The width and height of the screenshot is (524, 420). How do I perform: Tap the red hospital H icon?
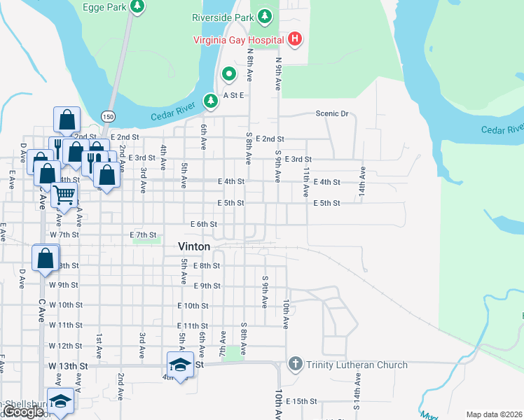[295, 38]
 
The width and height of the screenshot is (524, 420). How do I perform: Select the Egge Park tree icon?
[138, 6]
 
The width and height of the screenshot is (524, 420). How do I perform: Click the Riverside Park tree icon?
[264, 15]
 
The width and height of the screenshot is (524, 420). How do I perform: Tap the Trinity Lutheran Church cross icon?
[295, 364]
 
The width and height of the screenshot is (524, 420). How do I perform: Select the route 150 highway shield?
[107, 115]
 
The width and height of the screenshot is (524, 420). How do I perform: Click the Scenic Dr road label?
[331, 113]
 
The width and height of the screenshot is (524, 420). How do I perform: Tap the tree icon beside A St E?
[210, 101]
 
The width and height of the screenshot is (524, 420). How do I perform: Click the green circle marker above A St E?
[228, 73]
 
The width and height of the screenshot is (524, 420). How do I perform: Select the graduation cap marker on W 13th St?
[180, 364]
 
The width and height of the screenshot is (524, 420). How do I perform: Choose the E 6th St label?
[205, 224]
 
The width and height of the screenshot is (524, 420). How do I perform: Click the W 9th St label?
[63, 285]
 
